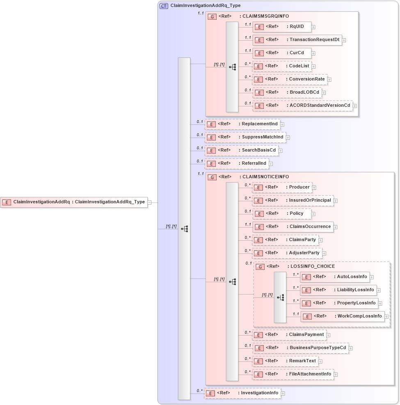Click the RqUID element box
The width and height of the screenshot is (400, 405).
click(281, 27)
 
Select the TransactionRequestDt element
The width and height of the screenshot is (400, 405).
click(297, 40)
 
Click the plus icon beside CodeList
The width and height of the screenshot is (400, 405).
click(313, 66)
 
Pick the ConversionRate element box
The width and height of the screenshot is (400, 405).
click(290, 79)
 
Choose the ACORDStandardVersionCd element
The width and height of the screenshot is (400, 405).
click(302, 106)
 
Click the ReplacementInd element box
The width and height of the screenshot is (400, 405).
click(242, 124)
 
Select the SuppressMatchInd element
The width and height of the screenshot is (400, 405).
click(245, 137)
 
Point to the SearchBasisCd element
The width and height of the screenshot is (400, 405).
click(241, 150)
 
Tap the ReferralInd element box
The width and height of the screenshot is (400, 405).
click(237, 163)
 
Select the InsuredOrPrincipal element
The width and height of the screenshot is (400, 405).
click(293, 200)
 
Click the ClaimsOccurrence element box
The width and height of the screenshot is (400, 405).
click(293, 227)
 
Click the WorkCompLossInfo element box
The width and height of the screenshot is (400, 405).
click(343, 316)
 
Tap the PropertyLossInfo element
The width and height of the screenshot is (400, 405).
click(339, 303)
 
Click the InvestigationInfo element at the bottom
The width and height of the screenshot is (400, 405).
click(242, 393)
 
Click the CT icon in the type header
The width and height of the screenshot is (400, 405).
click(164, 6)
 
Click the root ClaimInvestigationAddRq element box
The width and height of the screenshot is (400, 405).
click(74, 202)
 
